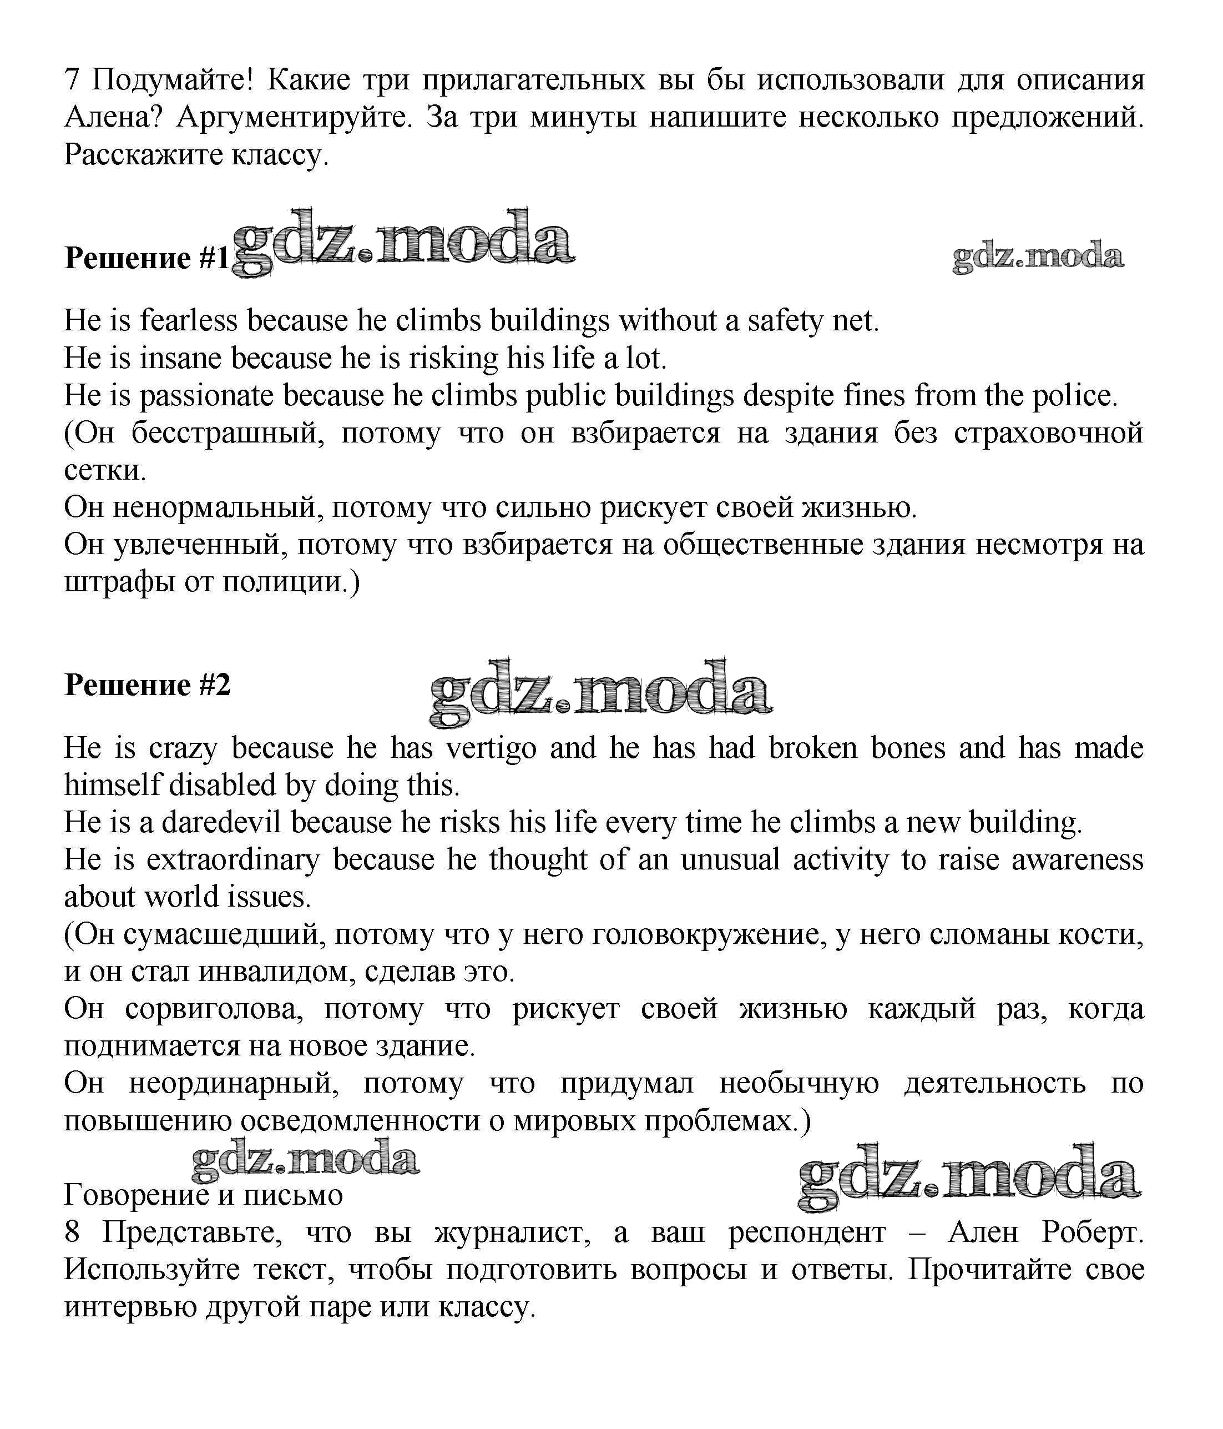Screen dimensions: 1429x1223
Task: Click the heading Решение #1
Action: pos(146,258)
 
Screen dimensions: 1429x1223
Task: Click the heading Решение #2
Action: pos(147,685)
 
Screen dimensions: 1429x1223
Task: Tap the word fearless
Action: pos(188,321)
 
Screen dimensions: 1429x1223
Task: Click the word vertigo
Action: pos(491,748)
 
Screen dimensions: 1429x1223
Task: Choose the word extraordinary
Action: pos(233,860)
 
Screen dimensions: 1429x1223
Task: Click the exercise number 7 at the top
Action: pos(72,80)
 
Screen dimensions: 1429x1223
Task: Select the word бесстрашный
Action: pos(228,434)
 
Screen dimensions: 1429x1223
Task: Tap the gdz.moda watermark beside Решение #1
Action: pos(403,241)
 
